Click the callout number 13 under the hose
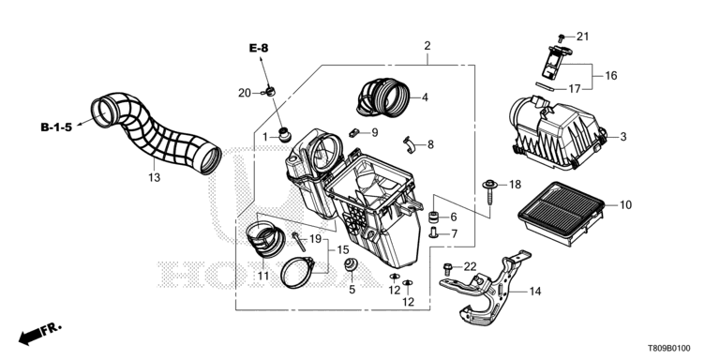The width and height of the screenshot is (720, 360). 155,177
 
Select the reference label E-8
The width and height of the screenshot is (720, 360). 259,48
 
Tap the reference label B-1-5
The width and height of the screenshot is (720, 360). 56,127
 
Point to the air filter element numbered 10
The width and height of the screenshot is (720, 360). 561,214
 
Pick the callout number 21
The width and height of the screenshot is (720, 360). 582,37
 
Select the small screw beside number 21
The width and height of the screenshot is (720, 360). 562,38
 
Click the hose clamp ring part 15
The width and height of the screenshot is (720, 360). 297,273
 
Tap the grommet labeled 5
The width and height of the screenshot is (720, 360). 352,265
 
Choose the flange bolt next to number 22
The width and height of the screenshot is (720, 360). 447,268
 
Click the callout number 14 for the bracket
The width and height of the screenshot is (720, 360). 534,292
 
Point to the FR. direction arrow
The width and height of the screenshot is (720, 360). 39,334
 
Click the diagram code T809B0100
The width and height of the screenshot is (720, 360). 669,349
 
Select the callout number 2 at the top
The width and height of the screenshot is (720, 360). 427,46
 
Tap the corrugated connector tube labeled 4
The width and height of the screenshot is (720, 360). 382,97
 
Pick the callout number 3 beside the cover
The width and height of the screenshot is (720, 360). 623,136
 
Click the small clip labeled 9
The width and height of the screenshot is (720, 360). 353,133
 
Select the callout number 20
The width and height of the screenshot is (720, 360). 245,93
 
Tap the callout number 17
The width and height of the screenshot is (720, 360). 575,89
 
